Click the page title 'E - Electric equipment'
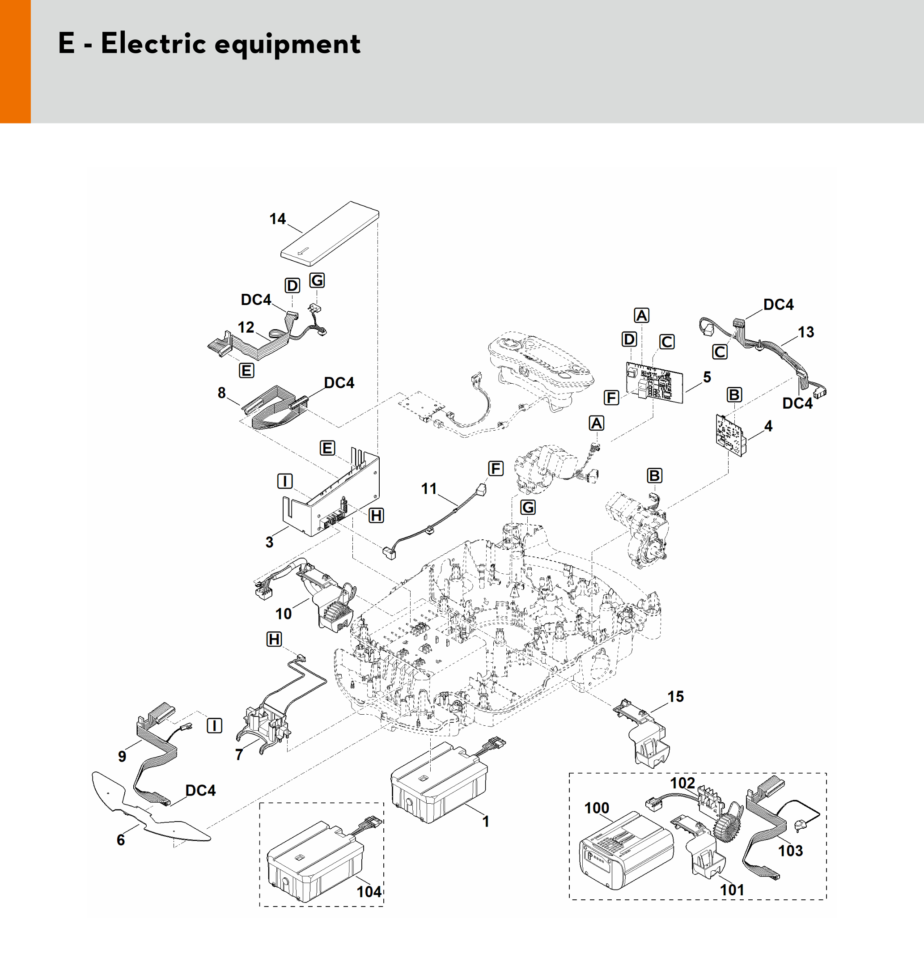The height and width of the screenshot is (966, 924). [x=209, y=43]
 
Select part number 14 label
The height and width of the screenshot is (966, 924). [x=277, y=219]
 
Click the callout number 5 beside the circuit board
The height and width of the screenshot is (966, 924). [x=707, y=377]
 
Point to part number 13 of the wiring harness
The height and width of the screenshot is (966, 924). [x=806, y=332]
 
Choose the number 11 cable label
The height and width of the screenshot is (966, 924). [x=429, y=489]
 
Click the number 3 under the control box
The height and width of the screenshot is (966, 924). [x=269, y=542]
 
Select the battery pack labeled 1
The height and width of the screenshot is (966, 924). [x=438, y=783]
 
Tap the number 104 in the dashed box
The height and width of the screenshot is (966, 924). [x=369, y=892]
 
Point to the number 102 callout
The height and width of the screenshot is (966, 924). [x=682, y=783]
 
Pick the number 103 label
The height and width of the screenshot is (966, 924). [x=790, y=851]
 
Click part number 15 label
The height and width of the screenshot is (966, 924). [x=675, y=696]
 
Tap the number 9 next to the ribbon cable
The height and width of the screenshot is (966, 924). [x=122, y=756]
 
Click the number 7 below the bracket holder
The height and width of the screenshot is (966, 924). [x=239, y=754]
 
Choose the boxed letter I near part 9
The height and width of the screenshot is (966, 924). [x=214, y=725]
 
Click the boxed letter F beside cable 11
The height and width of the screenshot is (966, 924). [x=496, y=469]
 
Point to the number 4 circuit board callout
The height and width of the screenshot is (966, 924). [x=768, y=426]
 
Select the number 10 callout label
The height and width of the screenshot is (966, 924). [x=283, y=614]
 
